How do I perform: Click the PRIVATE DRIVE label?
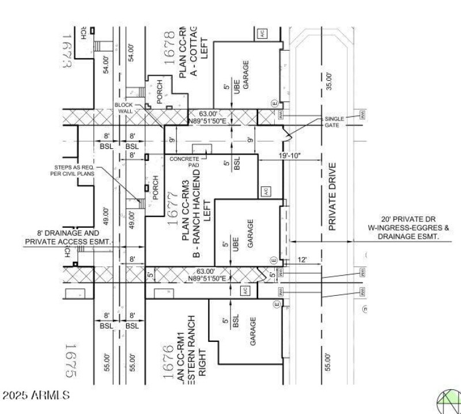[x=332, y=197]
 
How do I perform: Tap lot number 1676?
[x=168, y=363]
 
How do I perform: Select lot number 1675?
[x=70, y=361]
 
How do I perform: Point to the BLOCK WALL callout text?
[x=124, y=108]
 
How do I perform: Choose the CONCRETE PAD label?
[x=184, y=161]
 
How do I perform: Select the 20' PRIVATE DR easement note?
[x=410, y=228]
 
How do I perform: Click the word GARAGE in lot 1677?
[x=250, y=234]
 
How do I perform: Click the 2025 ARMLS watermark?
[x=36, y=396]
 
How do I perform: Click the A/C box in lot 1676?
[x=246, y=292]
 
